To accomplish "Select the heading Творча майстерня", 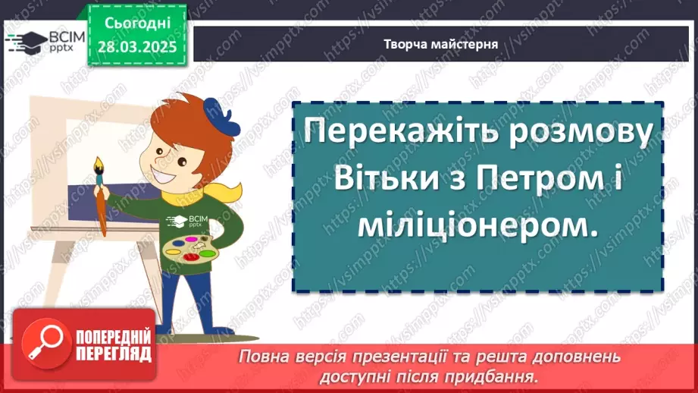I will [440, 43].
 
